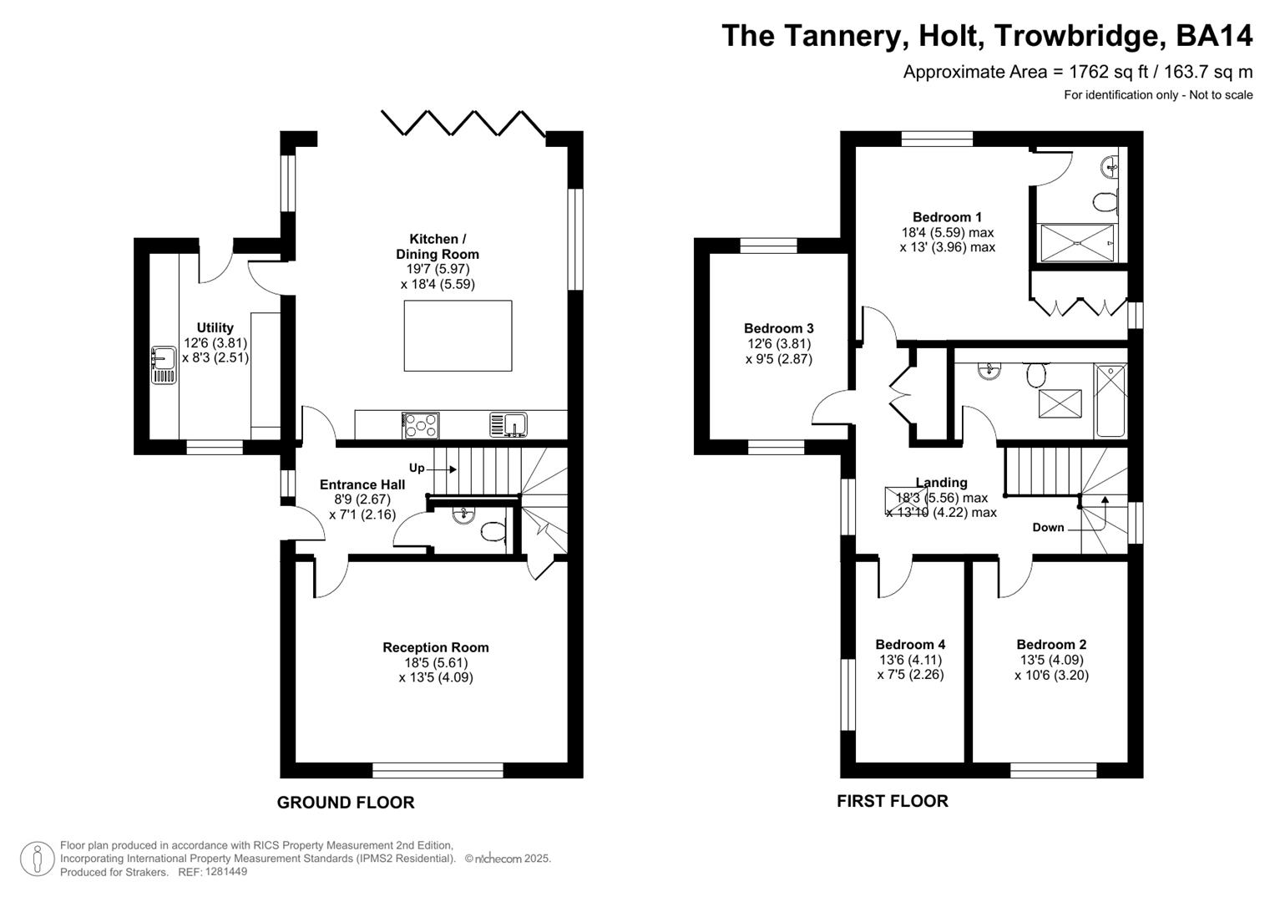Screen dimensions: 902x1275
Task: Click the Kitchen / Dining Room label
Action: pyautogui.click(x=438, y=246)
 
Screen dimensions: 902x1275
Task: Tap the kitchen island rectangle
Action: pyautogui.click(x=458, y=335)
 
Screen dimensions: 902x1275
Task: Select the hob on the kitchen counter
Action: pyautogui.click(x=421, y=425)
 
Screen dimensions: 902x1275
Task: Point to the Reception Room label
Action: pyautogui.click(x=436, y=647)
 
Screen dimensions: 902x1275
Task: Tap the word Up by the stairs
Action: pyautogui.click(x=417, y=468)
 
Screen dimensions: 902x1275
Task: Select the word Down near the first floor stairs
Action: pyautogui.click(x=1048, y=527)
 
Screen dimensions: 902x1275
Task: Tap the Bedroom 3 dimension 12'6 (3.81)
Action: pyautogui.click(x=778, y=343)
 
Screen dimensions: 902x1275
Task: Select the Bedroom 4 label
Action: pyautogui.click(x=910, y=644)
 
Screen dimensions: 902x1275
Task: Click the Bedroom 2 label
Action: pyautogui.click(x=1051, y=644)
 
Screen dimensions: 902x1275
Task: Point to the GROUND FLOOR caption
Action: pyautogui.click(x=346, y=803)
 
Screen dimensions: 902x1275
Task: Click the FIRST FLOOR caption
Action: pyautogui.click(x=893, y=801)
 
